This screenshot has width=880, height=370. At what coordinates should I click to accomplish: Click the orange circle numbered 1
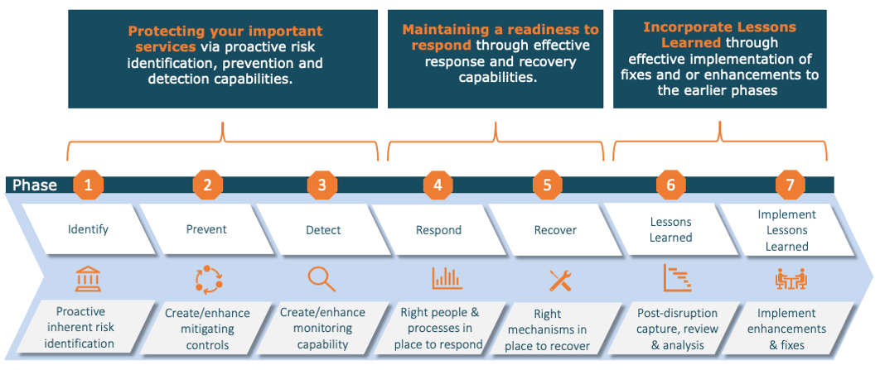[89, 185]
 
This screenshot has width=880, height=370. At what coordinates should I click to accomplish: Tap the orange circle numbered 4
[438, 185]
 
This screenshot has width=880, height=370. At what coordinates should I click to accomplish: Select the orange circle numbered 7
[789, 185]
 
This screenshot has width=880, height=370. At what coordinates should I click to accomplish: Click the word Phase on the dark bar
[35, 185]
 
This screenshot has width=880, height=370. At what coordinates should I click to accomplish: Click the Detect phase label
[323, 229]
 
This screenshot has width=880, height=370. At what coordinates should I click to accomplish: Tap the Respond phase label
[438, 229]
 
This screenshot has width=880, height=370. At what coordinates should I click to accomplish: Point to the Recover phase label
[554, 229]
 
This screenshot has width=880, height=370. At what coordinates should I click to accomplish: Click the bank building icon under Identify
[87, 279]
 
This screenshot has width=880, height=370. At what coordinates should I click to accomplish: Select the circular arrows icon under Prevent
[206, 279]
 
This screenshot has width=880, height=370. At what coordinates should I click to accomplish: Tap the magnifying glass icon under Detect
[321, 279]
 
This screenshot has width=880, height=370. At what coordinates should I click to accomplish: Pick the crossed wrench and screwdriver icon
[561, 280]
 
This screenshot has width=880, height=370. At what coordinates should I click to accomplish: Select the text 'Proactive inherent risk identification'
[85, 327]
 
